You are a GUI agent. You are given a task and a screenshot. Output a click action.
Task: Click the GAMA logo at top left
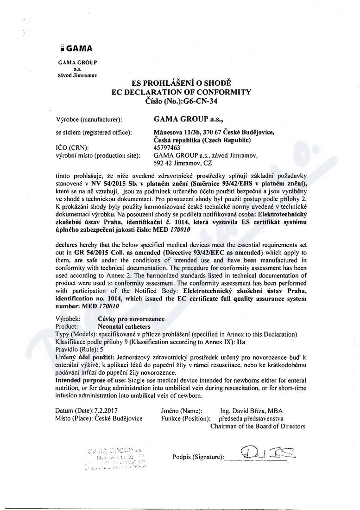click(76, 48)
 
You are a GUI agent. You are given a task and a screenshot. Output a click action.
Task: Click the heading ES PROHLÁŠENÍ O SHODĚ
click(181, 83)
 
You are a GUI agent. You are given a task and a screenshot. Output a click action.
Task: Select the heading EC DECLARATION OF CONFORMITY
click(181, 92)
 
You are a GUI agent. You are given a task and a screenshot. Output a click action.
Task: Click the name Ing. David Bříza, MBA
click(252, 411)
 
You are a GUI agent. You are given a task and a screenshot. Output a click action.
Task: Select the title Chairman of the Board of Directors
click(258, 426)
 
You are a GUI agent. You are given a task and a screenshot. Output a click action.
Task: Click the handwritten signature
click(262, 451)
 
